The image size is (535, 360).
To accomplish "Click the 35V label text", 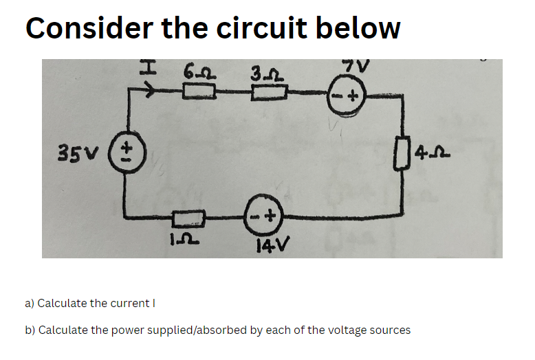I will [x=85, y=150].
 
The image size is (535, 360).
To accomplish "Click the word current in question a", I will [x=129, y=303].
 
